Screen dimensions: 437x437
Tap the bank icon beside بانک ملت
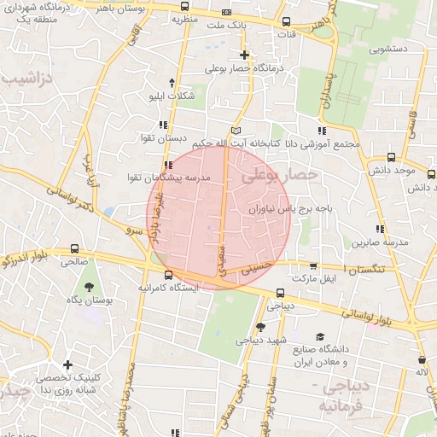point(226,13)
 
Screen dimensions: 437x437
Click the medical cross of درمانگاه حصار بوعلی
point(245,55)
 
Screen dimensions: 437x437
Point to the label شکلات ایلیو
point(173,96)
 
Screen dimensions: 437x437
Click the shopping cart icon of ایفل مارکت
point(313,266)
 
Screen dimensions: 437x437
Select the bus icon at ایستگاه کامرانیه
point(167,276)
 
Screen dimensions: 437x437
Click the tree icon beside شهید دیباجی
point(259,327)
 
